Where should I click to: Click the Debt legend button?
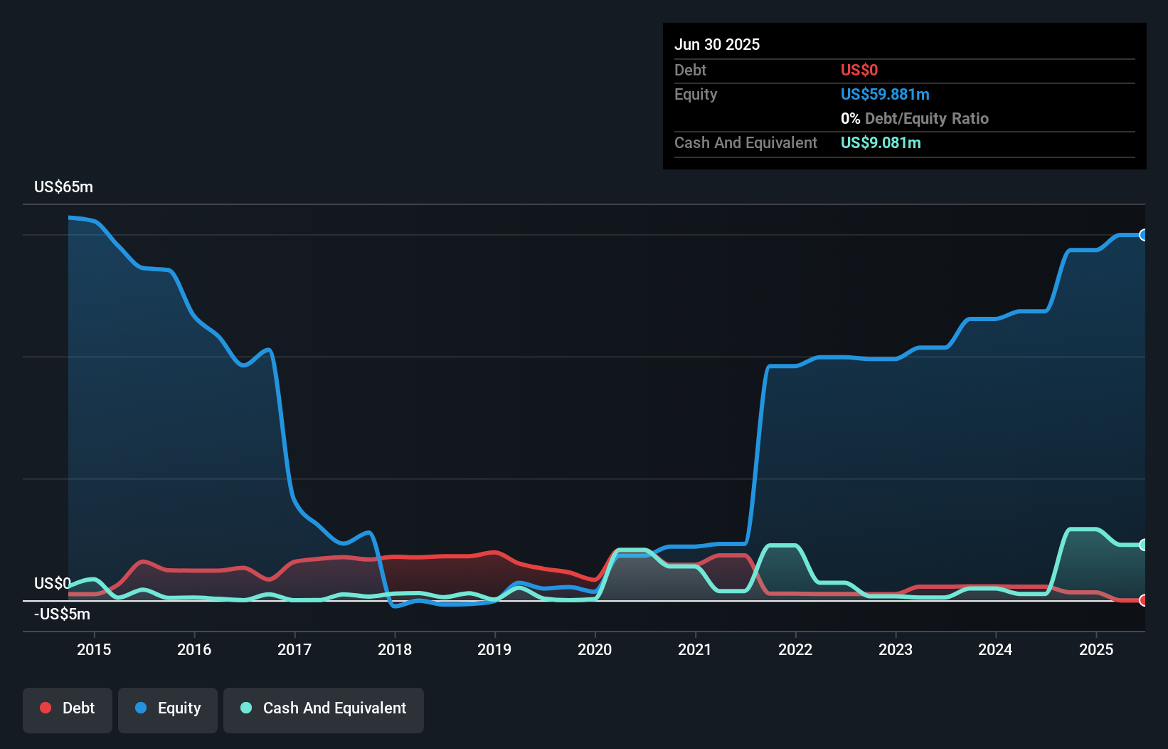coord(68,708)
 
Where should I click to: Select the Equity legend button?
coord(168,708)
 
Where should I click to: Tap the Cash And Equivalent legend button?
coord(324,708)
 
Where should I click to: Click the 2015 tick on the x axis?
coord(94,649)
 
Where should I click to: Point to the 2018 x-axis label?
coord(395,649)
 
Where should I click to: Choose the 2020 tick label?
coord(595,649)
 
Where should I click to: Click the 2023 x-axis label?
coord(896,649)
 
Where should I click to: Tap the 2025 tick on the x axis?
coord(1096,649)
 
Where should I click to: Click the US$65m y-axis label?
coord(63,187)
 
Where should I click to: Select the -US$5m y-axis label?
coord(62,614)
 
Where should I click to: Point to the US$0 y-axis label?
coord(52,584)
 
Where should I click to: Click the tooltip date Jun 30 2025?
coord(717,45)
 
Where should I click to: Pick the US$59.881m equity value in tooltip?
coord(885,95)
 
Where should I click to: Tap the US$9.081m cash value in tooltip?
coord(881,143)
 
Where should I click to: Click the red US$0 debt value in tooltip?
coord(859,70)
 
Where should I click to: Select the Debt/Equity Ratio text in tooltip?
coord(926,119)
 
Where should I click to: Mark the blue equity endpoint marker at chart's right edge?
coord(1144,235)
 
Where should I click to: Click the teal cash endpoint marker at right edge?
coord(1144,545)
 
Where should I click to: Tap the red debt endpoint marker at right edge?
coord(1144,600)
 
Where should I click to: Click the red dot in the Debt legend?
coord(46,708)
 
